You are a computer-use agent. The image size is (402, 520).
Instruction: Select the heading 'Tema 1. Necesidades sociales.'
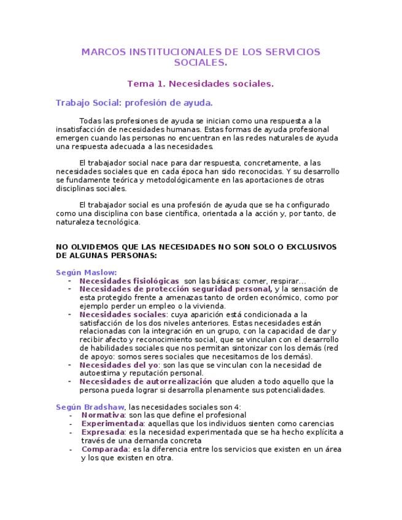coord(200,83)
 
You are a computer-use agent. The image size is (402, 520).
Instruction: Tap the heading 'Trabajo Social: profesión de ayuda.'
coord(134,102)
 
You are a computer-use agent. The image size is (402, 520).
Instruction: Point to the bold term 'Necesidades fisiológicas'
coord(129,280)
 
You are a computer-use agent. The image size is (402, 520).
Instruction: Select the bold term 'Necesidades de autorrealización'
coord(141,381)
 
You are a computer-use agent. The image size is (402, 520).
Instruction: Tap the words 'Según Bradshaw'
coord(90,407)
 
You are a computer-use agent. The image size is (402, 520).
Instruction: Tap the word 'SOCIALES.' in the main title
coord(200,63)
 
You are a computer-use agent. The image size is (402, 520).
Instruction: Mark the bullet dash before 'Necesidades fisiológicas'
coord(70,280)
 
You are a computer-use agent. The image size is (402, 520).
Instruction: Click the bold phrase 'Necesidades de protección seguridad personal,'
coord(176,289)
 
